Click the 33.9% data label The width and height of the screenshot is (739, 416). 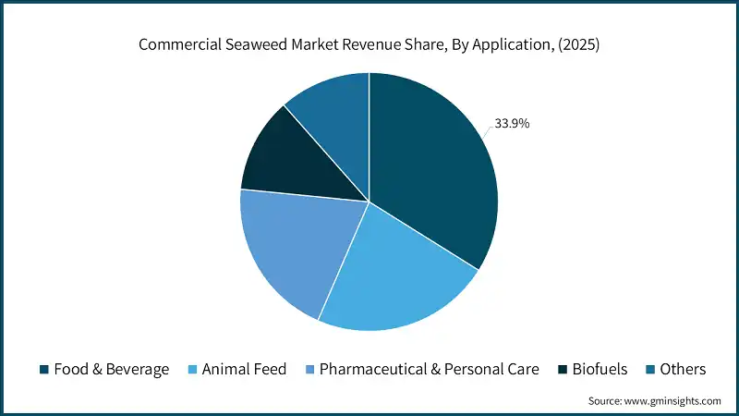(x=512, y=123)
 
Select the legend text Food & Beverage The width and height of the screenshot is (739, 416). (x=111, y=369)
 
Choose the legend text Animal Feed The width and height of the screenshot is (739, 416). (x=244, y=369)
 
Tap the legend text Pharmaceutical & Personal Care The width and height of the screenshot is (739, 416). (x=428, y=369)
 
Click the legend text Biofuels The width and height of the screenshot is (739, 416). (x=600, y=369)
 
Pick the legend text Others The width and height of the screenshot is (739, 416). (x=683, y=369)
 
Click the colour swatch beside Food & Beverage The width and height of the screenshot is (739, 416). (x=44, y=370)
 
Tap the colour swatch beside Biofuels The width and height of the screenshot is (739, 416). (x=563, y=370)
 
